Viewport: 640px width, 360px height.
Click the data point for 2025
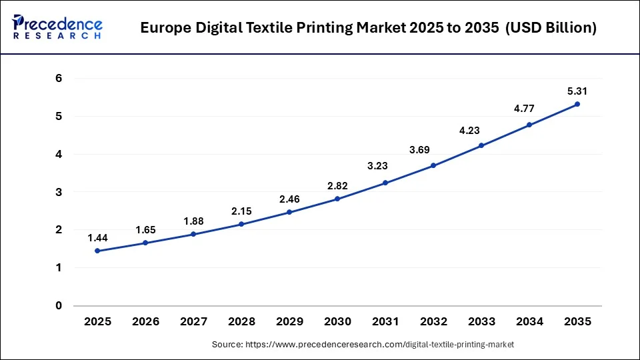click(x=97, y=251)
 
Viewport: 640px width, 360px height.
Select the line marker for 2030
click(x=337, y=199)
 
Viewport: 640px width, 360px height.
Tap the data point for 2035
click(x=577, y=104)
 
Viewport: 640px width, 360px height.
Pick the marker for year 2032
click(x=433, y=165)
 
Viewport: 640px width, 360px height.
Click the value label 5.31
click(x=577, y=91)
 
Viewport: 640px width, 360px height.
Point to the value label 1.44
click(x=97, y=237)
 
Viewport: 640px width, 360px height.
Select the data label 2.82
click(x=337, y=185)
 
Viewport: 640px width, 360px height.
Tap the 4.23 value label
click(x=481, y=131)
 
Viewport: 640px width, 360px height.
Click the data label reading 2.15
click(x=241, y=211)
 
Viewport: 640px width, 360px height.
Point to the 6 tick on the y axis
click(x=59, y=79)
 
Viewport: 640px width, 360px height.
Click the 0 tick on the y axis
click(x=59, y=306)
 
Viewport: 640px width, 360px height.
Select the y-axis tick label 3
click(x=59, y=192)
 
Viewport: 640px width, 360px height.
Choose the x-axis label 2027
click(x=193, y=321)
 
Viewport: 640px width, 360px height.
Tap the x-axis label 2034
click(x=529, y=321)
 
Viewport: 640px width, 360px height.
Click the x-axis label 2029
click(x=289, y=321)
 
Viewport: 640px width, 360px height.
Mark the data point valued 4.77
click(x=529, y=125)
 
